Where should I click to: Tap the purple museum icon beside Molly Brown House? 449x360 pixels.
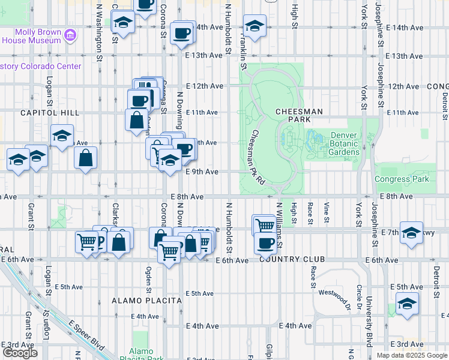coord(70,35)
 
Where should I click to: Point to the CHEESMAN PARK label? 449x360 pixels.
coord(299,115)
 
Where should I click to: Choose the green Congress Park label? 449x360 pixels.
coord(402,179)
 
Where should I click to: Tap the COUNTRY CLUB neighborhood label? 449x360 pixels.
coord(292,259)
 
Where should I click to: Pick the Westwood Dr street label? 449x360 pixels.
coord(334,293)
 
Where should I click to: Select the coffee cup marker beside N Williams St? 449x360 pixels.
coord(265,242)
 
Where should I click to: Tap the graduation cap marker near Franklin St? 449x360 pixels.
coord(255,26)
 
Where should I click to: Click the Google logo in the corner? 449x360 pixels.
coord(20,353)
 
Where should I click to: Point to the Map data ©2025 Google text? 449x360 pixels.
coord(411,355)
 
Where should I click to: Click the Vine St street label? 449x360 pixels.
coord(327,214)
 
